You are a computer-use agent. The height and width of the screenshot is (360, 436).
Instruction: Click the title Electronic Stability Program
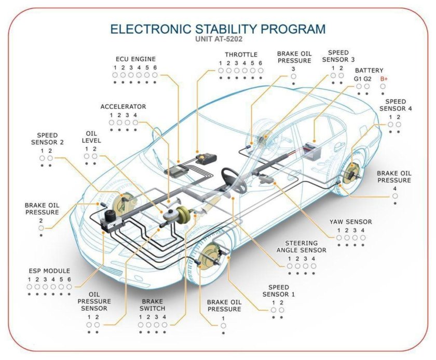[218, 29]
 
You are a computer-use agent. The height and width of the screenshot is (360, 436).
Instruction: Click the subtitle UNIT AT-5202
[218, 39]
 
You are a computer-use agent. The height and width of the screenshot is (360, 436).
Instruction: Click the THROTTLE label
[241, 55]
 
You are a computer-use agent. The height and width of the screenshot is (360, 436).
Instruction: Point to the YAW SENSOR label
[351, 222]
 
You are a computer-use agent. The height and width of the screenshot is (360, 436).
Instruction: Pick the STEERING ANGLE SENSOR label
[306, 246]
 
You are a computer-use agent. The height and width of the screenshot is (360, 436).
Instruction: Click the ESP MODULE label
[49, 271]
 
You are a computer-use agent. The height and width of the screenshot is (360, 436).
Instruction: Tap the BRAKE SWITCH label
[152, 305]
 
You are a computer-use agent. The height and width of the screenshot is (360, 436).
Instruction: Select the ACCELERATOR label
[123, 106]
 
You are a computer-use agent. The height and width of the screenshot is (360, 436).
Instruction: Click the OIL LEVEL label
[91, 137]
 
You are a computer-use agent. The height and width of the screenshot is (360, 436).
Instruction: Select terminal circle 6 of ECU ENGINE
[155, 75]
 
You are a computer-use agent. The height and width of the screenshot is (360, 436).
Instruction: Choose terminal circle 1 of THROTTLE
[221, 71]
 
